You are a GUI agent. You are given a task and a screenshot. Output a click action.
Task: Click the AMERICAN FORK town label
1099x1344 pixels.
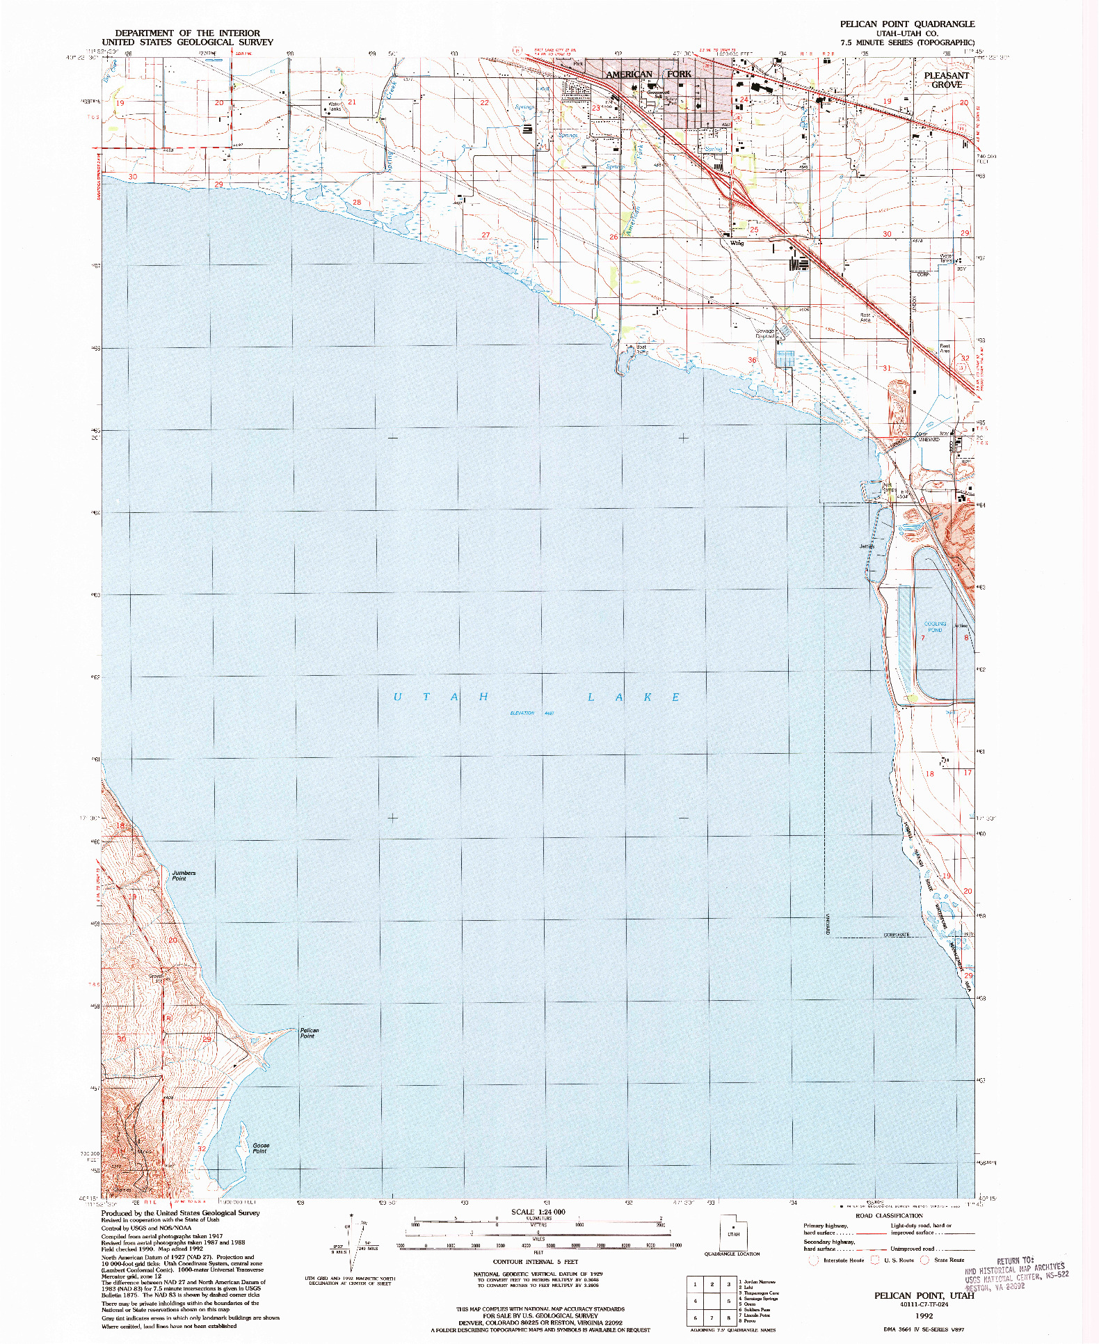tap(648, 74)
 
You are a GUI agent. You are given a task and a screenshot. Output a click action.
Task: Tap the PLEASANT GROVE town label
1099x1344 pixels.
tap(946, 80)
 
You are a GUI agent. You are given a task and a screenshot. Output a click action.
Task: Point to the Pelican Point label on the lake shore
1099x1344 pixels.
tap(309, 1033)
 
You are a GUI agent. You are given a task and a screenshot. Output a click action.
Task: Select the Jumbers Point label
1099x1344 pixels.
tap(184, 875)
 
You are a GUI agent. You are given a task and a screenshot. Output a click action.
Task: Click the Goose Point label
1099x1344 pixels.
tap(260, 1148)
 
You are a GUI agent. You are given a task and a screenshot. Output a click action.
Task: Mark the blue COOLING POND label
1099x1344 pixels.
tap(934, 626)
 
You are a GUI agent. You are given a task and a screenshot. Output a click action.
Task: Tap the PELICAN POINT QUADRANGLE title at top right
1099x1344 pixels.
tap(906, 24)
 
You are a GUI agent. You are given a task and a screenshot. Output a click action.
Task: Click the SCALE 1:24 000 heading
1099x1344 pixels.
tap(538, 1212)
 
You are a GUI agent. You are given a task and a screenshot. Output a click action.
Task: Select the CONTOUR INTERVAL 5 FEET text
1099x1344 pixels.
tap(535, 1261)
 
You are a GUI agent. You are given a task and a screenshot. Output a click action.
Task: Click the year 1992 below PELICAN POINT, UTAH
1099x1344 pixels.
tap(924, 1316)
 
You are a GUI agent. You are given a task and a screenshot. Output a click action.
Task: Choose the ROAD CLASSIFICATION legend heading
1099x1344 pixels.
tap(889, 1215)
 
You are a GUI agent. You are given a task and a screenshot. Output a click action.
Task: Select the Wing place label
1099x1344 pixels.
tap(737, 243)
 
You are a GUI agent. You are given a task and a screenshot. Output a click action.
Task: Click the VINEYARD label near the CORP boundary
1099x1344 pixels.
tap(929, 439)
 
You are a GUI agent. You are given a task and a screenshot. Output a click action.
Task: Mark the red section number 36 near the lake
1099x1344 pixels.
tap(752, 360)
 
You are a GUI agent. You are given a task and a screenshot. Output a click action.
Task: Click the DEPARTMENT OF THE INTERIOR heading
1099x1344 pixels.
tap(187, 33)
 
